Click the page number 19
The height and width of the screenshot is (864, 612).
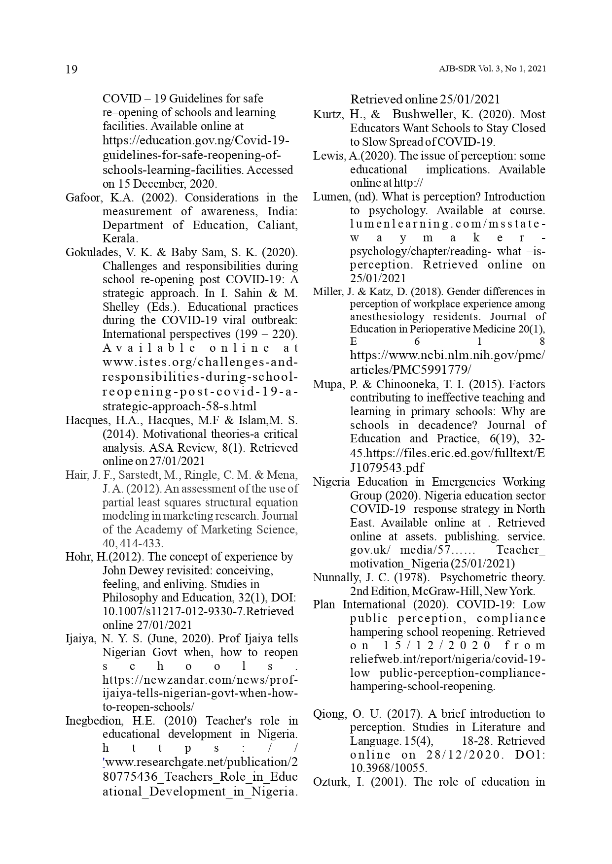tap(72, 69)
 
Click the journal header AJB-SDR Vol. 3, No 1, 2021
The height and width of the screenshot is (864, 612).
tap(492, 69)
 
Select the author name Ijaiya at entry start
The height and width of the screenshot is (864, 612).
tap(79, 639)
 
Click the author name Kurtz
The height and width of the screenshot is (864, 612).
tap(327, 115)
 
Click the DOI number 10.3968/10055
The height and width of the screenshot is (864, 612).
tap(388, 768)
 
